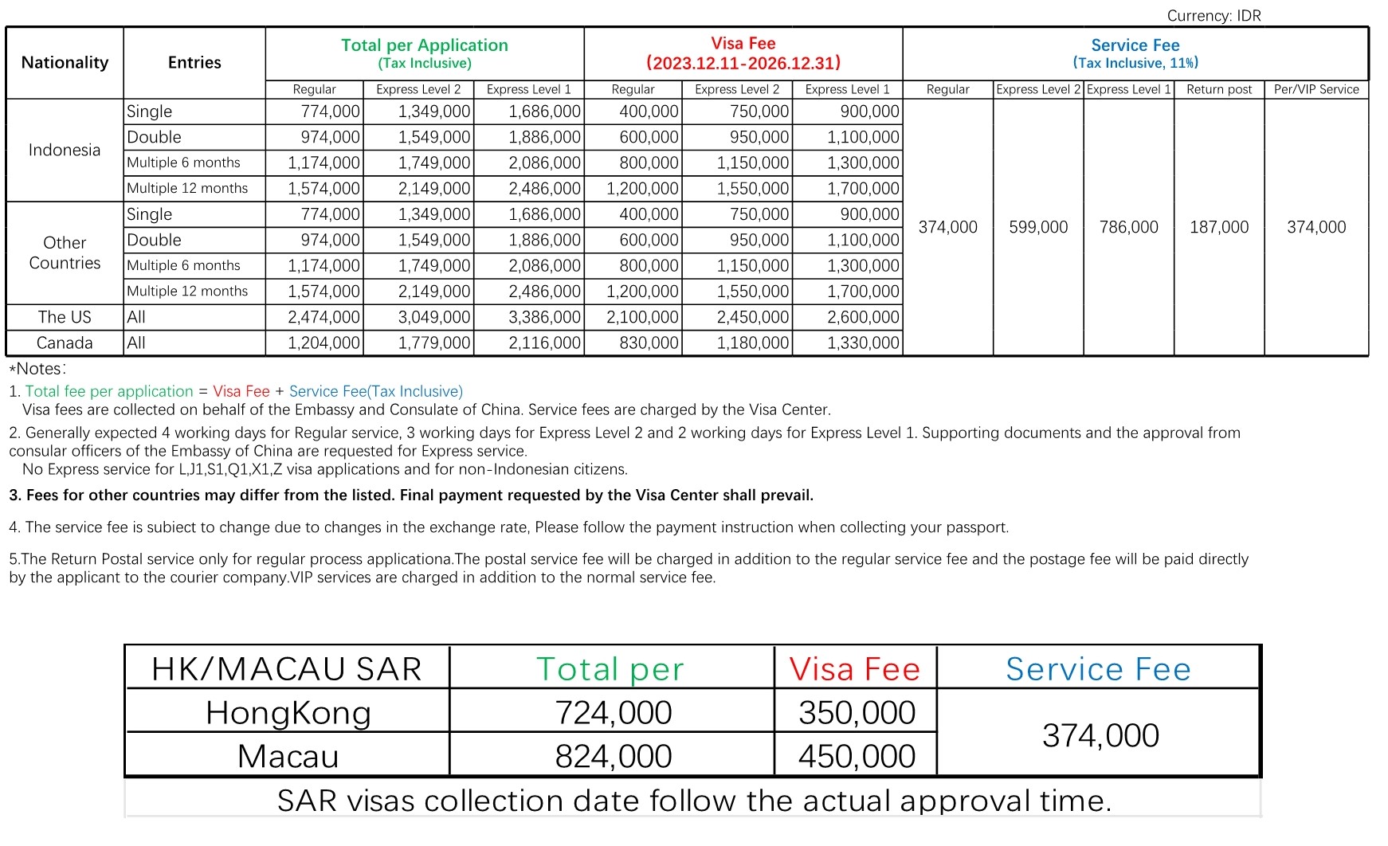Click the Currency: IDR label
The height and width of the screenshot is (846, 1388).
(1214, 15)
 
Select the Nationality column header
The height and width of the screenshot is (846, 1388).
(65, 62)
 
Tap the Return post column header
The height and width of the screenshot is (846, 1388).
(1218, 89)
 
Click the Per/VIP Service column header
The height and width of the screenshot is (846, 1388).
(1315, 89)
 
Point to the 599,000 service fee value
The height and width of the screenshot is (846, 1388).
(1038, 227)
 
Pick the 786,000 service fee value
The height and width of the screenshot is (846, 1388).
(1128, 227)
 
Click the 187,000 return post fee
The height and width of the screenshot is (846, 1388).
(1218, 227)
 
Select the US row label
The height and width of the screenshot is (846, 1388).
(65, 317)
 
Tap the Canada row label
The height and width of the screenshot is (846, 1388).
(65, 343)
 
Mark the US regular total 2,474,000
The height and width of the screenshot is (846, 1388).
(323, 317)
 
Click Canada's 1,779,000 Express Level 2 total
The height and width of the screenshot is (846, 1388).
(434, 343)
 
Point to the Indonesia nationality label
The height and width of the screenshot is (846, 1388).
(65, 150)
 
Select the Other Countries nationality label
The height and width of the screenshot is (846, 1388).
(65, 253)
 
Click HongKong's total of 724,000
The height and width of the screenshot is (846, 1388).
(613, 712)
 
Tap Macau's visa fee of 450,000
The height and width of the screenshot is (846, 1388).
(857, 756)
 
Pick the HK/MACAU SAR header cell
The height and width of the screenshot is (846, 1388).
(287, 669)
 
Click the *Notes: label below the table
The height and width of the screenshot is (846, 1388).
(38, 369)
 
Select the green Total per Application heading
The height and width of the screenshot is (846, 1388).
(425, 45)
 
